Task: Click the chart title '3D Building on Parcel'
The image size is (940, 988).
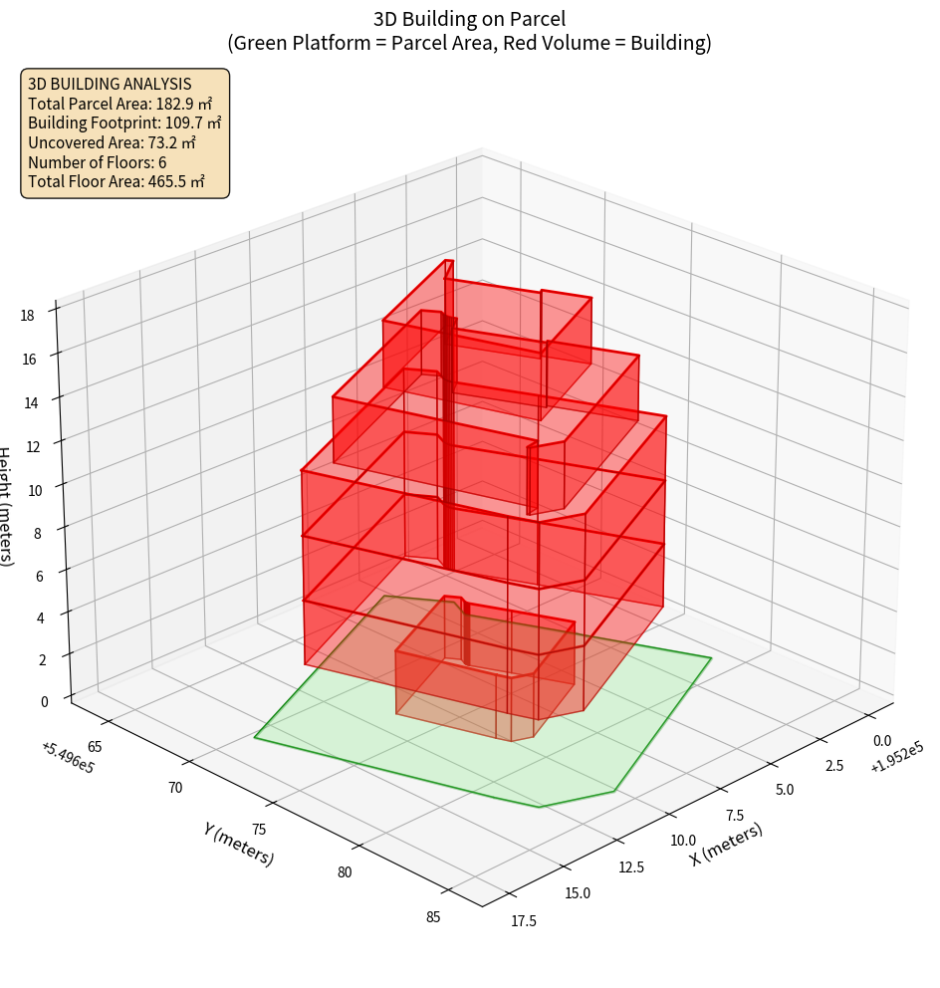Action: (469, 18)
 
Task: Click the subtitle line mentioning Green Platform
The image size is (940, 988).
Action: (469, 43)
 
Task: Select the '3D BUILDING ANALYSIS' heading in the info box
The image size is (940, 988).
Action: (110, 84)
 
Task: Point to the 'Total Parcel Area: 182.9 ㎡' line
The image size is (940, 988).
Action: (120, 104)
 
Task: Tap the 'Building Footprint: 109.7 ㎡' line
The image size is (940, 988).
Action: (124, 123)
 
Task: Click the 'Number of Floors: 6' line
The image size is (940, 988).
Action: (98, 161)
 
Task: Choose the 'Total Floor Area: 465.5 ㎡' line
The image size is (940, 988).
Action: (117, 181)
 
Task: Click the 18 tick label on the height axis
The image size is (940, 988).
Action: (27, 315)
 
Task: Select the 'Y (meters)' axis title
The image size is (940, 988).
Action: (239, 843)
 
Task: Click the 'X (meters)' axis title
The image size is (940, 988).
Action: (727, 844)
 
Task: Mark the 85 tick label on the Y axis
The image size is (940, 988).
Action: (433, 916)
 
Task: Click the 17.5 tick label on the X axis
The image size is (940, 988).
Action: (522, 920)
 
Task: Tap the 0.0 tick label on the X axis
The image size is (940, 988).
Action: (881, 741)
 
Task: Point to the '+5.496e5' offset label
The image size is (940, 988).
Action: (68, 757)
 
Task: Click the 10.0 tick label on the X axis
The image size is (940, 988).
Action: (683, 841)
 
